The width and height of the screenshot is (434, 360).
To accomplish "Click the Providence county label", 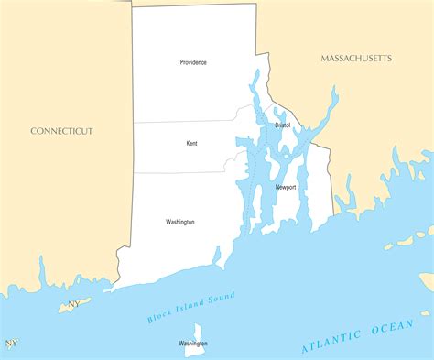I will click(x=193, y=62).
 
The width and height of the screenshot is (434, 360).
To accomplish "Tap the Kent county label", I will click(x=191, y=143).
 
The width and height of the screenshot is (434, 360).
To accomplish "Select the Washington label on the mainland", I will click(x=179, y=222).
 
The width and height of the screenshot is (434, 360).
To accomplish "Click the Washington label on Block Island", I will click(x=193, y=344).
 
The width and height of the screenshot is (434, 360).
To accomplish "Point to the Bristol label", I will click(x=282, y=125).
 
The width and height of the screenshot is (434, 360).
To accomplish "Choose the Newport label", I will click(x=286, y=187).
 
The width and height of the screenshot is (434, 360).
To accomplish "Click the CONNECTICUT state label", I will click(x=61, y=131).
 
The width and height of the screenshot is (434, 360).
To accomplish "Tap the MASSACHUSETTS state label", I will click(x=356, y=59).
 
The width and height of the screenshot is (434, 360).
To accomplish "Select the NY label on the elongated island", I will click(x=73, y=303).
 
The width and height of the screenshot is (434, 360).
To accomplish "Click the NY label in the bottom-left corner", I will click(x=11, y=344).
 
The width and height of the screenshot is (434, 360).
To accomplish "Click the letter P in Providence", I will click(x=181, y=62).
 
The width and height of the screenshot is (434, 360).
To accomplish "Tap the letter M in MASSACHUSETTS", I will click(x=324, y=59).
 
